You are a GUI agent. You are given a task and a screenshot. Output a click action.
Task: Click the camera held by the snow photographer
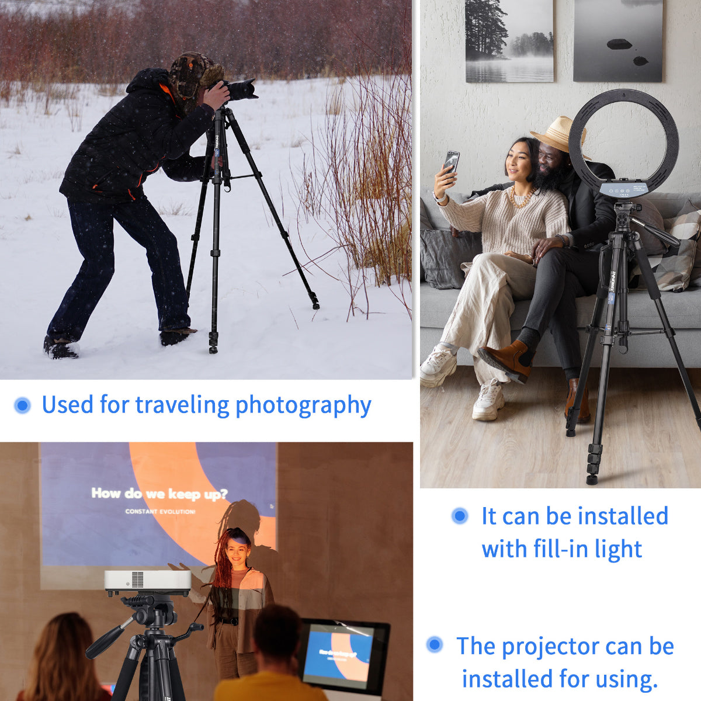pos(238,89)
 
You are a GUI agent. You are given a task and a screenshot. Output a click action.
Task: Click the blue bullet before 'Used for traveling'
pos(23,405)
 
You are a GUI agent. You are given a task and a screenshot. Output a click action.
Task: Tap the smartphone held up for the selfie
pos(451,162)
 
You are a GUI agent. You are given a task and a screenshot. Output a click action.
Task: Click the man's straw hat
pos(557,134)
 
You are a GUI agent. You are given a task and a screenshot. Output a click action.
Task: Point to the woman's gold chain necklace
pos(521,198)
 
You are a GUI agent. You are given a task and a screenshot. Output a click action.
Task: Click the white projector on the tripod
pos(148,581)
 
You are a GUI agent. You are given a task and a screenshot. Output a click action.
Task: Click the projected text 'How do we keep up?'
pos(159,494)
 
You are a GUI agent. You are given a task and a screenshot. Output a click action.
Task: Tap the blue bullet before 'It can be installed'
pos(460,516)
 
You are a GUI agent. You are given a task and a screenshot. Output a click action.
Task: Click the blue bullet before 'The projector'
pos(435,645)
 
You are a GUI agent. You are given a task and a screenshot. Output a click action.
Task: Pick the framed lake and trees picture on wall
pos(509,40)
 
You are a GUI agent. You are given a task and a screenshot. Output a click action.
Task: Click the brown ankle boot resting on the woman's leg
pos(506,359)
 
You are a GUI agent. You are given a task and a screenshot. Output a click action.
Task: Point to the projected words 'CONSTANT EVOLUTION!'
pos(160,512)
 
